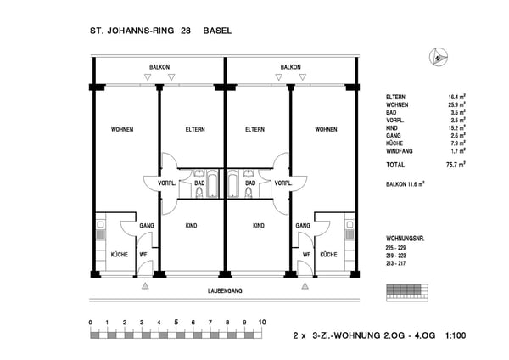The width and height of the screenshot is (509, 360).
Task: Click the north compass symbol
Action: click(439, 57)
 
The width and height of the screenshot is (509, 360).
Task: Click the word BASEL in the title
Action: click(217, 31)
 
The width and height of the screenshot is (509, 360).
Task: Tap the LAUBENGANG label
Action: click(225, 290)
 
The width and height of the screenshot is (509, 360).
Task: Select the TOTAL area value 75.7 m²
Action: click(456, 165)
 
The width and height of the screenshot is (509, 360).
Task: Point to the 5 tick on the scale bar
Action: click(176, 323)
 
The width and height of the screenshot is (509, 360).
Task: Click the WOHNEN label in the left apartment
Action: click(122, 129)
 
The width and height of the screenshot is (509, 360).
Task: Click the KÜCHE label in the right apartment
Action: click(328, 255)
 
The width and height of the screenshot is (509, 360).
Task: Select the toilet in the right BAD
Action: click(249, 193)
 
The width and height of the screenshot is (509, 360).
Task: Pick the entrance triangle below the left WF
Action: click(145, 286)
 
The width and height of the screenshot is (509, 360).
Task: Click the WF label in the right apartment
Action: click(306, 255)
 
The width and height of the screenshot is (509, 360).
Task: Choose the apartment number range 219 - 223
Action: click(395, 256)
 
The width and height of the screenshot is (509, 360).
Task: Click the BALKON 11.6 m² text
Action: click(406, 184)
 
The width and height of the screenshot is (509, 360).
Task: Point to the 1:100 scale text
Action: click(456, 335)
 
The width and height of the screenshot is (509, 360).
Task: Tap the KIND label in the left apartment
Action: click(191, 226)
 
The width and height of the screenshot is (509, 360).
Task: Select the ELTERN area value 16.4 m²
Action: click(457, 97)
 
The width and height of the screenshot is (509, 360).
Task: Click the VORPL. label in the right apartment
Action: click(283, 183)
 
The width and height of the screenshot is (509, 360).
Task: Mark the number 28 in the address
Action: click(186, 31)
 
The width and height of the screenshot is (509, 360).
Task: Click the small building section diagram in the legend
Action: click(407, 293)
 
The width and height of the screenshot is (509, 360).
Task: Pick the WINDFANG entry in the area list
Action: click(400, 151)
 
